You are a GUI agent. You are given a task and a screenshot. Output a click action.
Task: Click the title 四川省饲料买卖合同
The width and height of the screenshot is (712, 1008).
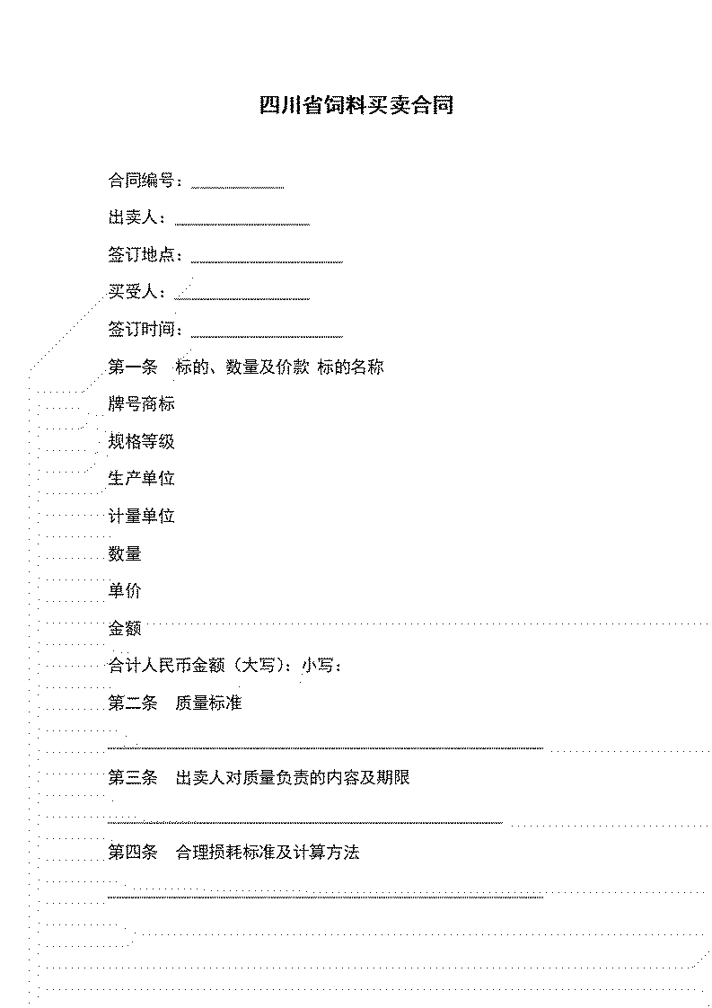click(356, 105)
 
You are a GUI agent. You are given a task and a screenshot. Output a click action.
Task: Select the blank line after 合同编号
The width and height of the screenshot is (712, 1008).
click(238, 188)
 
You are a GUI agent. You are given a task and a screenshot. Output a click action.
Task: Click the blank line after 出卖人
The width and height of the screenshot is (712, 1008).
click(242, 225)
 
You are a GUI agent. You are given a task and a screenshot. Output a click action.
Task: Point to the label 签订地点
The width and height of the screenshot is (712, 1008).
click(141, 255)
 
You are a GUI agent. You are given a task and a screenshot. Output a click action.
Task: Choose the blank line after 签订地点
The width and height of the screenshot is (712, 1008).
click(267, 262)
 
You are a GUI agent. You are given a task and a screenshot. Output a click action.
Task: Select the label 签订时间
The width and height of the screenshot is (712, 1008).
click(141, 330)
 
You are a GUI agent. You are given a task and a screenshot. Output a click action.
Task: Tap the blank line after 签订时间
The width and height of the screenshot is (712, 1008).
click(267, 336)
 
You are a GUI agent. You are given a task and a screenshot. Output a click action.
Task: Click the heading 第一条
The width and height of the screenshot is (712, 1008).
click(132, 367)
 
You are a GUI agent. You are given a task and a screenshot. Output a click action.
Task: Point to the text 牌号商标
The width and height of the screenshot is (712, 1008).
click(141, 404)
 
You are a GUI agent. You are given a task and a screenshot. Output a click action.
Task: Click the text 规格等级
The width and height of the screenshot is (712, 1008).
click(141, 442)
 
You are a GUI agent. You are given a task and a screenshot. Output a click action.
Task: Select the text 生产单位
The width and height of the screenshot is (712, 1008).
click(141, 479)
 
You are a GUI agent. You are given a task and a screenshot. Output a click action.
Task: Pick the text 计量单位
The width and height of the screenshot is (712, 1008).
click(141, 517)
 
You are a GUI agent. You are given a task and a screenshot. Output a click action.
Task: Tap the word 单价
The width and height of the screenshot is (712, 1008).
click(125, 591)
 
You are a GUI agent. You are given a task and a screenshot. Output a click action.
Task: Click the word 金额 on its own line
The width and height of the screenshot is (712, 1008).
click(125, 628)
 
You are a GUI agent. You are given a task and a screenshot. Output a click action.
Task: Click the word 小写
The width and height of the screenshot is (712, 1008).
click(319, 666)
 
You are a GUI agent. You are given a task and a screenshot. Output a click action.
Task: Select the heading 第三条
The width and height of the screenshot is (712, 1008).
click(132, 778)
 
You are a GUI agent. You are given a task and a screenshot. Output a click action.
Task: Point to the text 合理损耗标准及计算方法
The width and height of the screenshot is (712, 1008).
click(268, 853)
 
